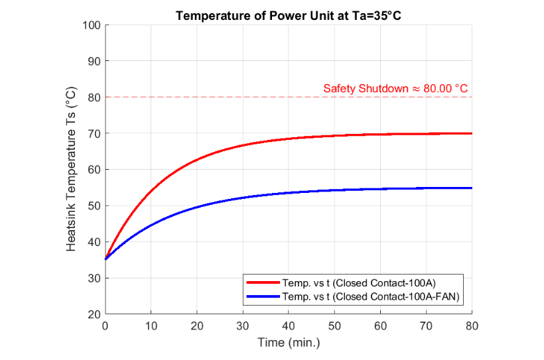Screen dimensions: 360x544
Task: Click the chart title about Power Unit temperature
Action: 288,15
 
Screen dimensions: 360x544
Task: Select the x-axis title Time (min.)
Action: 288,343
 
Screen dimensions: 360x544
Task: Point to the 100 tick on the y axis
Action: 91,25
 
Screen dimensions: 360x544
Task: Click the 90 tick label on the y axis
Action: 94,61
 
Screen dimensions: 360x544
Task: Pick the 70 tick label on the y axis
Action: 94,133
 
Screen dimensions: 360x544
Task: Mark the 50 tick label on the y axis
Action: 94,206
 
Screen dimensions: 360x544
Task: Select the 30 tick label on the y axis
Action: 94,278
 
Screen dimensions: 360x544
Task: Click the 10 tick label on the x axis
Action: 151,326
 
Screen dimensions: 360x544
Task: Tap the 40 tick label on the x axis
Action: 288,326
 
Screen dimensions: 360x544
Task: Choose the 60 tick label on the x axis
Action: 380,326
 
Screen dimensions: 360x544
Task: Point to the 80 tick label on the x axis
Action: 472,326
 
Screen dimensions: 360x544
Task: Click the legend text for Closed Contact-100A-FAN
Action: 372,296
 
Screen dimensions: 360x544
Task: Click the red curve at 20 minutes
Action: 196,160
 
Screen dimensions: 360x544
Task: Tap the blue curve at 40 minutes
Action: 288,193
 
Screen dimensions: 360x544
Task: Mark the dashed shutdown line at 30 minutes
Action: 242,97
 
